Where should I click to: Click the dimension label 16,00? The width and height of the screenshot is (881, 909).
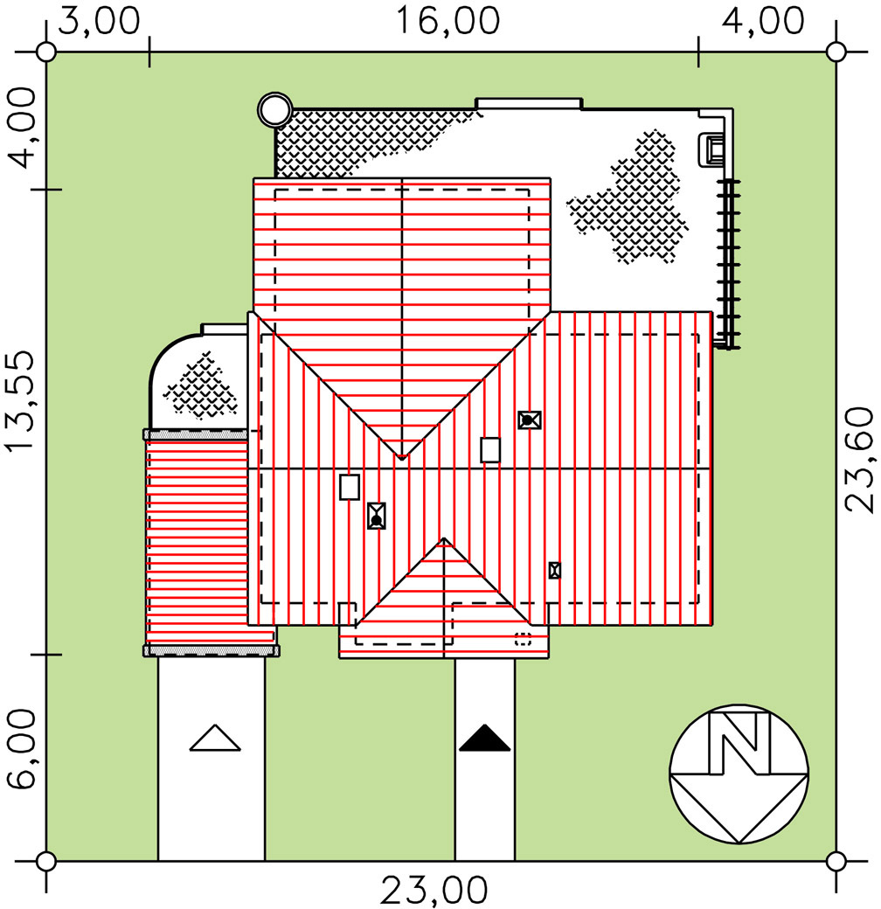tap(449, 21)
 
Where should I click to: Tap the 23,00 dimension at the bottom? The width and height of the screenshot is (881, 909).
tap(434, 891)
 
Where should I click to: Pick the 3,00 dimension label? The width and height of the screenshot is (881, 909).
tap(97, 21)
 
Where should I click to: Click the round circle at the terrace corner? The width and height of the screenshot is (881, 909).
tap(274, 110)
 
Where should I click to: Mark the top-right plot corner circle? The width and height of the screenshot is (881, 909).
tap(836, 52)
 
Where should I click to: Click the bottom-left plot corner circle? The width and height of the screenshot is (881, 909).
tap(46, 861)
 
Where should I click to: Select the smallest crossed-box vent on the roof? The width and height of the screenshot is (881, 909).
tap(554, 570)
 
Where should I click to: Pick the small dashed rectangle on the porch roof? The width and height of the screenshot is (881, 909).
tap(523, 638)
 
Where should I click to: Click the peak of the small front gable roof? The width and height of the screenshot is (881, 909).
tap(445, 539)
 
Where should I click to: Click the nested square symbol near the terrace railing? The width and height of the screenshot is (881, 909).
tap(713, 149)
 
